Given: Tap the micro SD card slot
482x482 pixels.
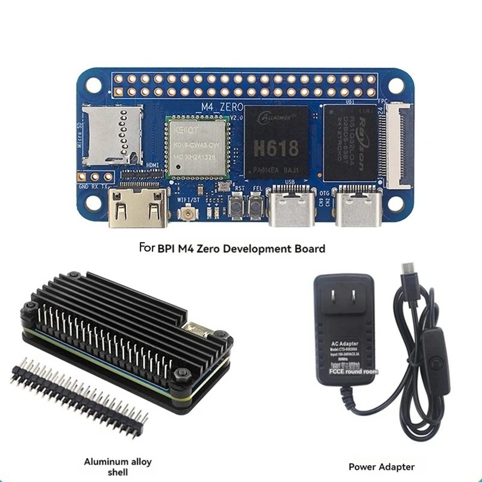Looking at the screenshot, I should point(112,135).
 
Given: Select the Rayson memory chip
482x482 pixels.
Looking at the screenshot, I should point(351,142).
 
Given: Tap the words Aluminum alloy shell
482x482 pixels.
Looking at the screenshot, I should point(117,467).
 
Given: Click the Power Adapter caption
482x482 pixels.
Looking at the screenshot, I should point(381,466).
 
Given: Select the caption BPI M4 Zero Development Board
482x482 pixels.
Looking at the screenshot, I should point(231,248).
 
